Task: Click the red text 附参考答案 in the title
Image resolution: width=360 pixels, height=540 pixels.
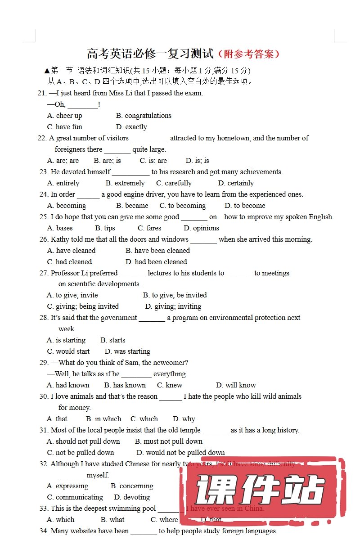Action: click(249, 54)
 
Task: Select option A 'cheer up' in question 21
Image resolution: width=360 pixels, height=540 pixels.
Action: click(65, 116)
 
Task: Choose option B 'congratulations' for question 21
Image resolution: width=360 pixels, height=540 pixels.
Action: click(144, 116)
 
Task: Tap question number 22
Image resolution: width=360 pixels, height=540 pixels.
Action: click(42, 138)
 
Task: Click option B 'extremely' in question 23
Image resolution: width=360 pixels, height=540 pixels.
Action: click(125, 183)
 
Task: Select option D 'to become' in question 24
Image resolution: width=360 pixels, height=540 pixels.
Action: click(245, 206)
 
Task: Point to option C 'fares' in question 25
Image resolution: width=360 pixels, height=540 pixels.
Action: click(149, 228)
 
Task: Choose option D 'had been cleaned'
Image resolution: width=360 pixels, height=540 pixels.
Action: click(156, 262)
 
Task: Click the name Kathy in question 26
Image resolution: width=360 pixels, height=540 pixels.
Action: click(60, 239)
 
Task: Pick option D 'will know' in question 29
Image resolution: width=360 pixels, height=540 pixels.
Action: click(236, 385)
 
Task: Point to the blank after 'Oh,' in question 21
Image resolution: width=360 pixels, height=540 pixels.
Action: click(83, 105)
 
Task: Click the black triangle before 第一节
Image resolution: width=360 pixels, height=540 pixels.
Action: click(47, 71)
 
